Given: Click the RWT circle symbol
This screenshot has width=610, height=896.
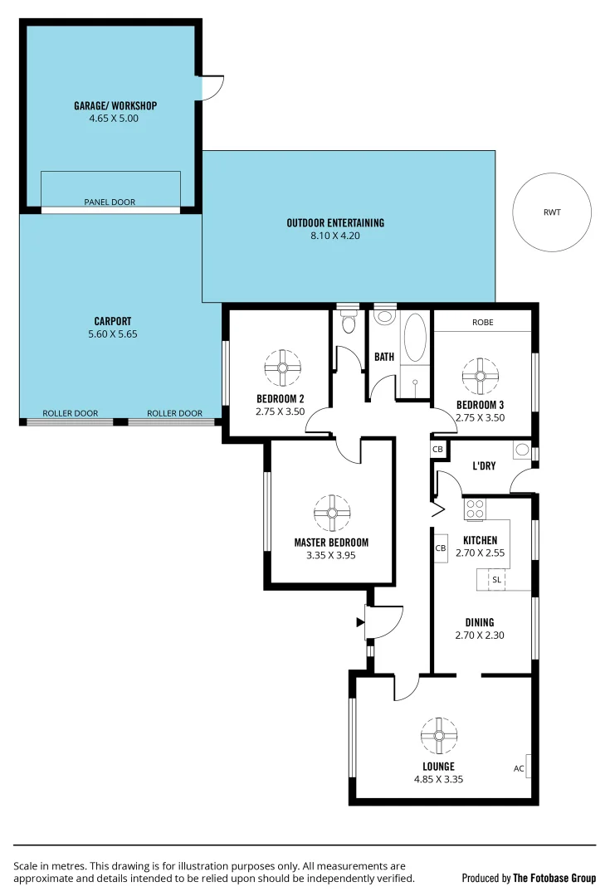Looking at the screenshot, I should click(552, 212).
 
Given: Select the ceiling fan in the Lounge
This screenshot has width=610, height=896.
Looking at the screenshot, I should click(438, 735).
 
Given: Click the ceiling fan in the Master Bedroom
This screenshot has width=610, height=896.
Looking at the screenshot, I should click(331, 513).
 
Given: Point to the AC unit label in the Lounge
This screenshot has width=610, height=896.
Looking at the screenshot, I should click(519, 768).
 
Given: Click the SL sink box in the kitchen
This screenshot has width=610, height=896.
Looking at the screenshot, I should click(496, 580).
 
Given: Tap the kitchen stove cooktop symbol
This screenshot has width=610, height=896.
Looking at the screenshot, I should click(475, 509).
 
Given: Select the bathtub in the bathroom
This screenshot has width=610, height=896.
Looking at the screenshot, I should click(414, 338).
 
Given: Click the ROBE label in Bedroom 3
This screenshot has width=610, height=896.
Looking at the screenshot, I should click(483, 322).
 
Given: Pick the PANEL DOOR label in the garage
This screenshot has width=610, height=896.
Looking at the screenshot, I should click(110, 202).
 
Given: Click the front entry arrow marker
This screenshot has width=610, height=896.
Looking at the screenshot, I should click(360, 621).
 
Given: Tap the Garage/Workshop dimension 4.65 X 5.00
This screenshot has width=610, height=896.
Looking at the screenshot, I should click(114, 118).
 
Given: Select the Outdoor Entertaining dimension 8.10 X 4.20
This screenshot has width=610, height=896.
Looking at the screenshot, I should click(335, 236).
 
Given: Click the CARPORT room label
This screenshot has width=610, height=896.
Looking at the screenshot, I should click(113, 321).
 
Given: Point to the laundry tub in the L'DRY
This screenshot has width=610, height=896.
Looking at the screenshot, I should click(521, 450).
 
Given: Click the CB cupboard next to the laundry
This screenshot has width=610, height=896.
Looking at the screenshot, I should click(437, 449).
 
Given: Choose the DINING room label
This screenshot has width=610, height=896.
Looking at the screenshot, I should click(480, 622).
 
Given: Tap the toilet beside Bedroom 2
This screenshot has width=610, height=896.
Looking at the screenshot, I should click(349, 321).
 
